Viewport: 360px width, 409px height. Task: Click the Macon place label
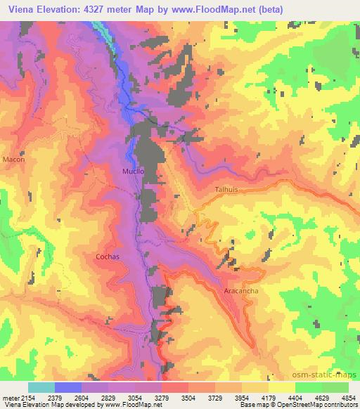[x=13, y=160]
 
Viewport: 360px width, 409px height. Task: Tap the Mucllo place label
[x=133, y=171]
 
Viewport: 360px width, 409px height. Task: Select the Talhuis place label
[x=228, y=190]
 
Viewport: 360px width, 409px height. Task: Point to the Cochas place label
[x=108, y=257]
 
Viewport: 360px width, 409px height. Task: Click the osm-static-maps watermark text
[x=326, y=373]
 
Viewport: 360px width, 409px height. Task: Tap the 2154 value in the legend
[x=27, y=397]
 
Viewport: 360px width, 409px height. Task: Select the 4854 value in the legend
[x=349, y=397]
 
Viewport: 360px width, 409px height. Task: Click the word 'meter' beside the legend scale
[x=9, y=397]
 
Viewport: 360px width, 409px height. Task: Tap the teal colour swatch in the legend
[x=41, y=387]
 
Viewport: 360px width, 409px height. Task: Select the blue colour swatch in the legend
[x=68, y=387]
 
